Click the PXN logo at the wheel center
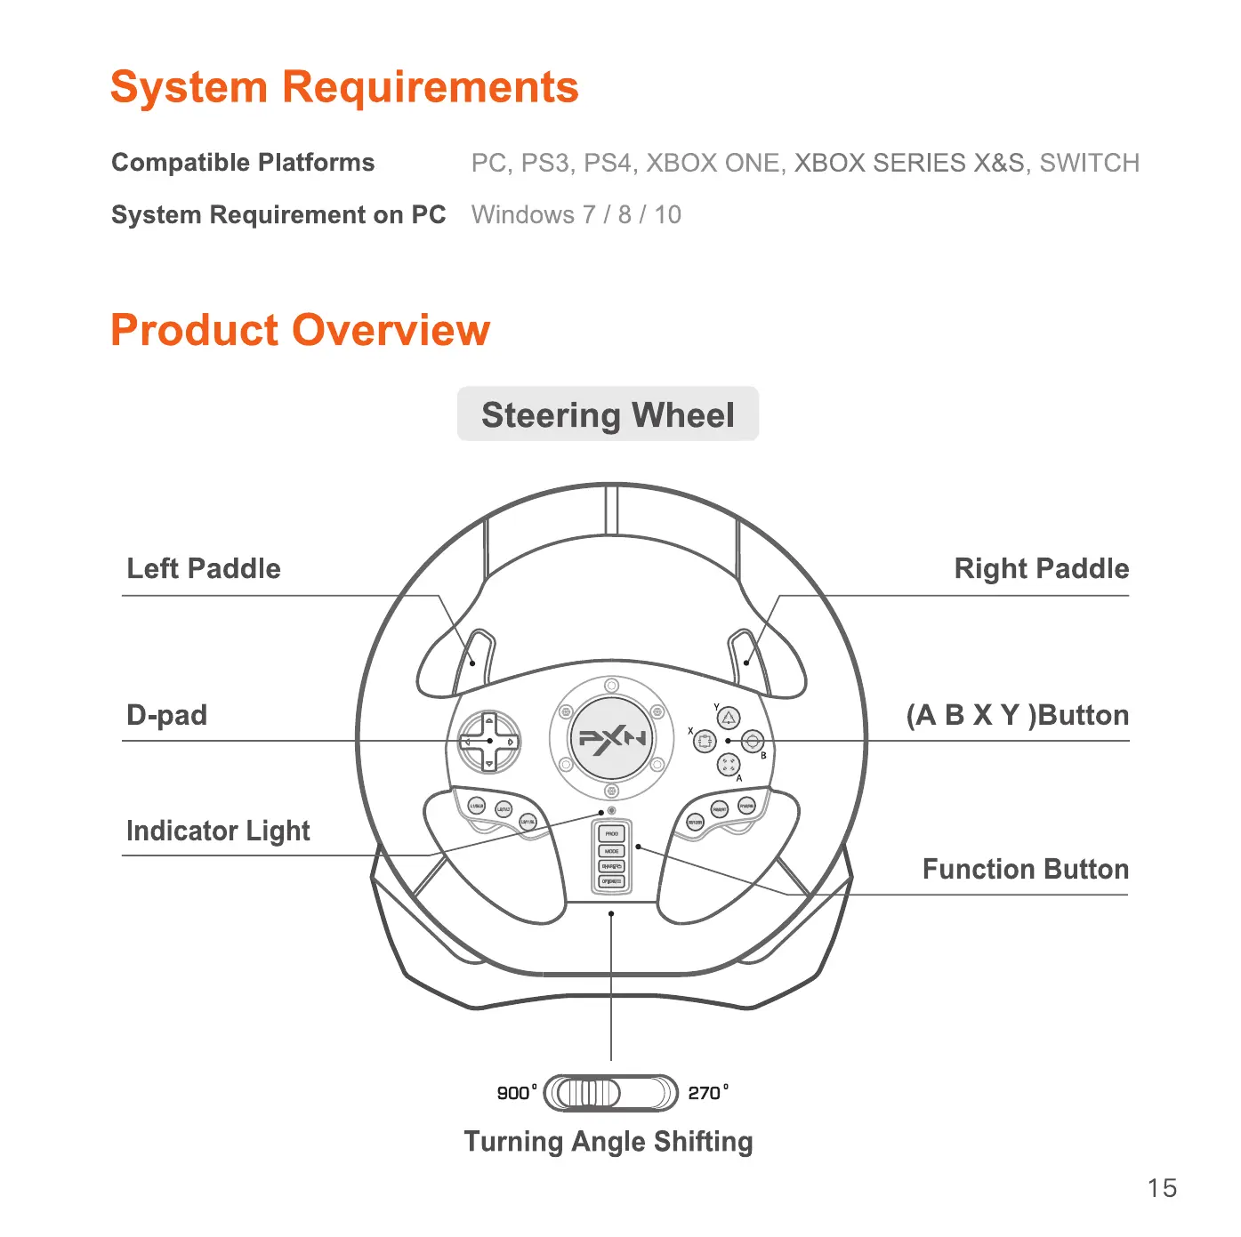click(611, 738)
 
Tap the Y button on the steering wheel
click(729, 718)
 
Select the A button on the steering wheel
click(729, 764)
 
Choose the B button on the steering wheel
click(753, 741)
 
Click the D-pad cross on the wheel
click(489, 741)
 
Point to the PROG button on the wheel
click(612, 833)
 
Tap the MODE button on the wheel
click(612, 850)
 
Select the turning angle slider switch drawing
click(610, 1092)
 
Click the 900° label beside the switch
click(517, 1092)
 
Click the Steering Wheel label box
click(608, 414)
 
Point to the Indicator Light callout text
click(218, 831)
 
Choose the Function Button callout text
click(1025, 869)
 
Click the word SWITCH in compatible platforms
click(1089, 163)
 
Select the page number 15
click(1162, 1188)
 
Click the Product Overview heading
click(300, 330)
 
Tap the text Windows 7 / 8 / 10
click(576, 214)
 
